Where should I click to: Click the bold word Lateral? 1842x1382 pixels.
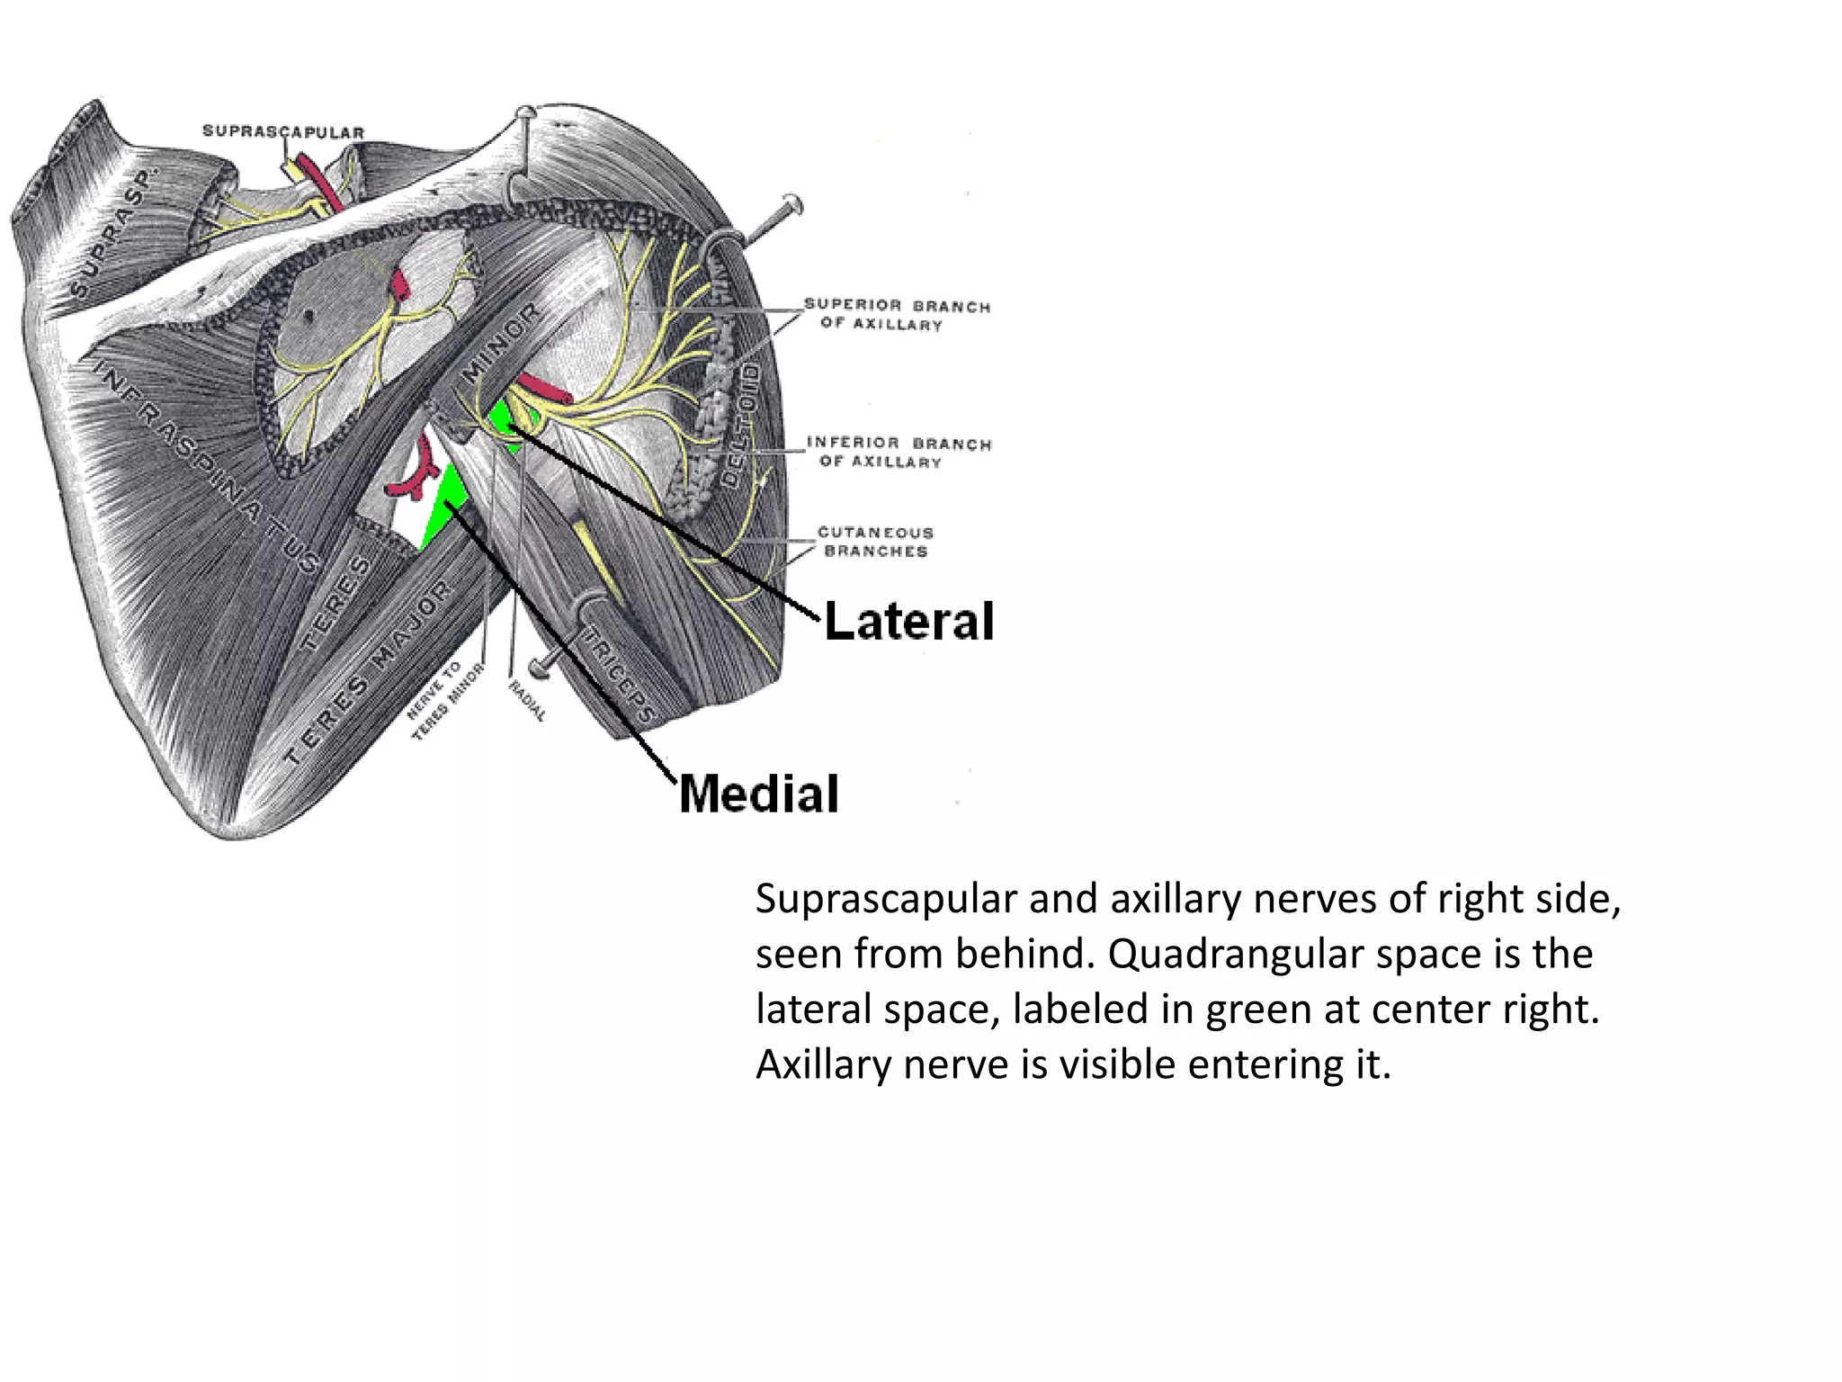click(908, 622)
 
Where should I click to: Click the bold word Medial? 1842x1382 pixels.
click(758, 794)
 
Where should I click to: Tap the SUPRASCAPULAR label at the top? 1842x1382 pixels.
click(282, 132)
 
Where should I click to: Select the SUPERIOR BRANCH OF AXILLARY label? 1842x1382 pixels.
click(896, 315)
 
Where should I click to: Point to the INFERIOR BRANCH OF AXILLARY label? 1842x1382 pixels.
click(898, 452)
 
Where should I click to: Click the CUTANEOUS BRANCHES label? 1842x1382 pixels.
click(875, 542)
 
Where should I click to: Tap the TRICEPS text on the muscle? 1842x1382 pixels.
click(618, 675)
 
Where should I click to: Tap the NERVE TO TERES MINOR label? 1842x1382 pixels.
click(445, 701)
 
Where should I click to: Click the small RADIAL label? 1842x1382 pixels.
click(527, 701)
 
